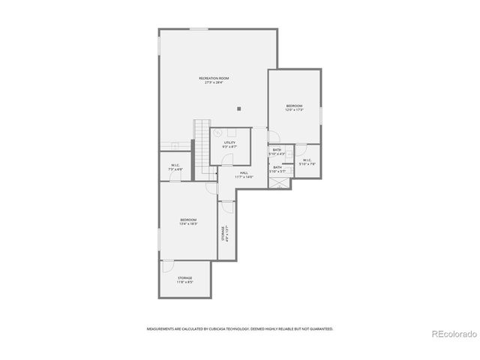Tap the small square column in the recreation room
pyautogui.click(x=238, y=109)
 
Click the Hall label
pyautogui.click(x=244, y=174)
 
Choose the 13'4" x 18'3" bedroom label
pyautogui.click(x=187, y=221)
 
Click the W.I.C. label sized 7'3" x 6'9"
pyautogui.click(x=175, y=167)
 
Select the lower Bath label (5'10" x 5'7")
pyautogui.click(x=277, y=169)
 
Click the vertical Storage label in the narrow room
pyautogui.click(x=223, y=233)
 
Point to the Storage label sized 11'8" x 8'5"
pyautogui.click(x=184, y=280)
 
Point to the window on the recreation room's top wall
pyautogui.click(x=199, y=29)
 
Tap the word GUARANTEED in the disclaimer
pyautogui.click(x=319, y=328)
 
